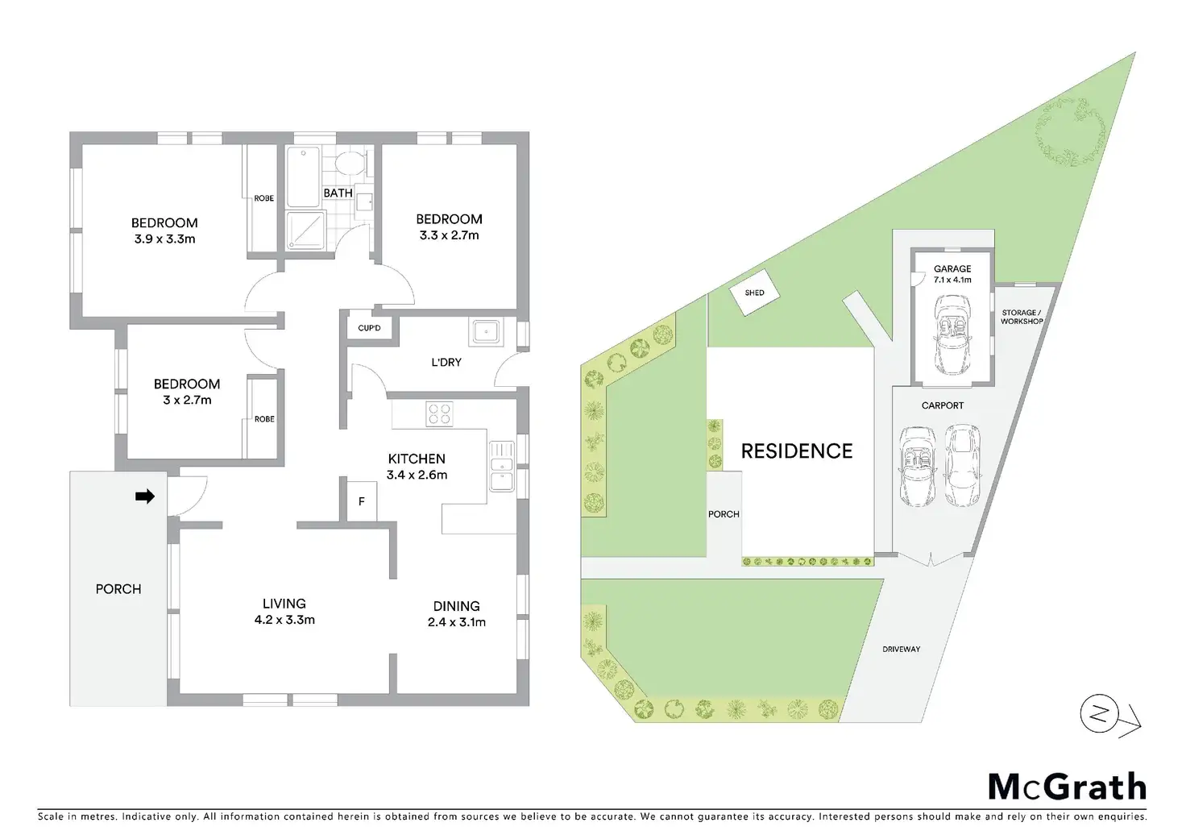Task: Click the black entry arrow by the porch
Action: coord(145,497)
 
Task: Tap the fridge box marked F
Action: coord(362,501)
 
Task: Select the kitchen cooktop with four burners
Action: coord(440,414)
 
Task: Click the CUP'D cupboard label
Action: coord(369,328)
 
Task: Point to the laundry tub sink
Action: coord(486,331)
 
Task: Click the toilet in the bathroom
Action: coord(350,164)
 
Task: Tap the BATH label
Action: coord(338,193)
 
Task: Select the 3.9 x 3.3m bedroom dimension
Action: coord(164,239)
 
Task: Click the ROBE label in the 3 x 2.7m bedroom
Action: coord(264,419)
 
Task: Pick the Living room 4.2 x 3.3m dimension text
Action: coord(284,620)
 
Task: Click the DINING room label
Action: coord(456,606)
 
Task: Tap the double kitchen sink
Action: coord(501,466)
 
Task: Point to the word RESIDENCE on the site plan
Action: coord(796,451)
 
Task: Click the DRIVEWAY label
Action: coord(900,649)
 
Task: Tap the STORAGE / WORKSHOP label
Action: coord(1021,317)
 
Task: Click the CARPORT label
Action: coord(942,405)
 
